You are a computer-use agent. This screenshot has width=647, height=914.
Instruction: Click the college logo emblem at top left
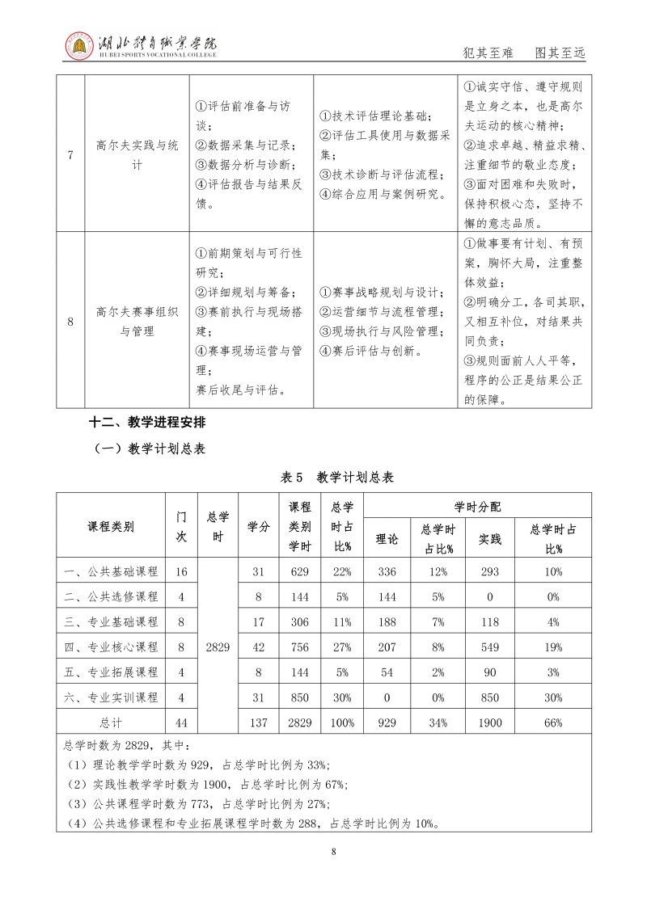point(79,46)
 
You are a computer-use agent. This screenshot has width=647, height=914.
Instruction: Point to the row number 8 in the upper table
point(71,322)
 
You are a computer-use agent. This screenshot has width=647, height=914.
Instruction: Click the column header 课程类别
point(111,527)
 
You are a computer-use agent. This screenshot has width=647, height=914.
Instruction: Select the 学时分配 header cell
point(477,507)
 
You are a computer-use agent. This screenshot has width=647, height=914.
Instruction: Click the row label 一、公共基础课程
point(111,572)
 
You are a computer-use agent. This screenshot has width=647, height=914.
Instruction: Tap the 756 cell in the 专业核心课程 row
point(299,647)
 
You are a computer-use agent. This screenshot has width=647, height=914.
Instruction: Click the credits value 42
point(259,647)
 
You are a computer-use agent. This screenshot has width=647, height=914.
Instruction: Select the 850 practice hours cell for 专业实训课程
point(484,697)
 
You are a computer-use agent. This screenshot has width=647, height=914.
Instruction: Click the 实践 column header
point(484,538)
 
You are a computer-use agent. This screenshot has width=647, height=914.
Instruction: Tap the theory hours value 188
point(387,622)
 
